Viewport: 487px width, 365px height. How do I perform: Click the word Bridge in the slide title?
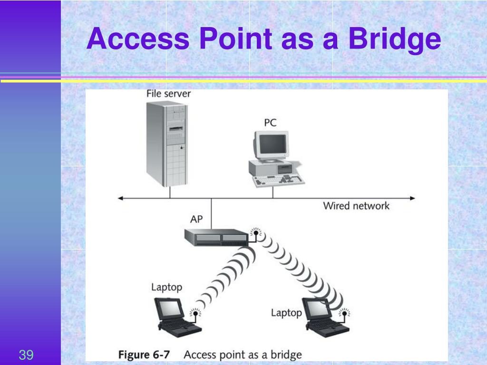[394, 39]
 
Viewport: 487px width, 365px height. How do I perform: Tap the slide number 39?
[26, 355]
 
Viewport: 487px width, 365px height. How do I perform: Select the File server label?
[168, 94]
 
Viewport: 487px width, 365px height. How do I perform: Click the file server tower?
[167, 144]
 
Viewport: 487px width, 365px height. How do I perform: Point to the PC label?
[270, 123]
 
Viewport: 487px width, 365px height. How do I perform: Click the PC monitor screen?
[273, 144]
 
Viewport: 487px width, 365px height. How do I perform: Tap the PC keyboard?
[278, 180]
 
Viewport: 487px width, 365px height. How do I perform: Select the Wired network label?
[356, 206]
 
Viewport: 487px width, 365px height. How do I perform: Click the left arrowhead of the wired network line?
[120, 198]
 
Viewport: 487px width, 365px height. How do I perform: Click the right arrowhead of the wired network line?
[412, 198]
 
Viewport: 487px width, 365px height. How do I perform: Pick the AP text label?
[196, 219]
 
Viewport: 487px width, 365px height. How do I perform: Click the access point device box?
[216, 238]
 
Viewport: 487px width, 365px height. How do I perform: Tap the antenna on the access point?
[255, 235]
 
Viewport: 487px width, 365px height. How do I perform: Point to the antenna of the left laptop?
[195, 315]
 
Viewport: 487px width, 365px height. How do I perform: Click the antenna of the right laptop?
[344, 316]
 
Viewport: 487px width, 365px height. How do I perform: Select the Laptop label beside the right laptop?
[286, 313]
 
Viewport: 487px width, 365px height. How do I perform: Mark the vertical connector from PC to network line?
[273, 192]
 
